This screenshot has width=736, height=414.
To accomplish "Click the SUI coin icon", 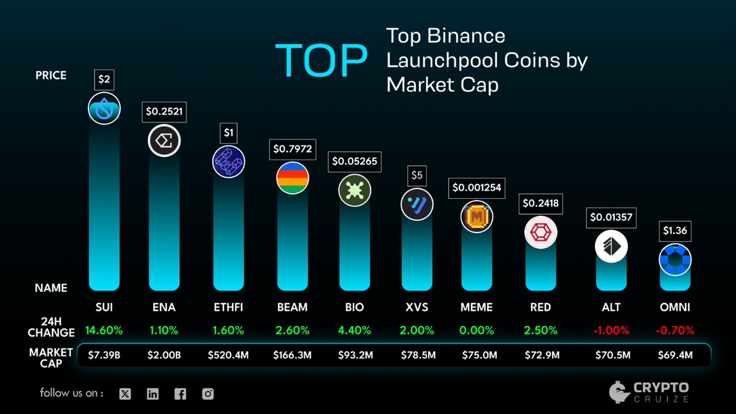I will pyautogui.click(x=104, y=109).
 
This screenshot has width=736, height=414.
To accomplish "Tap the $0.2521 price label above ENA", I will pyautogui.click(x=164, y=112).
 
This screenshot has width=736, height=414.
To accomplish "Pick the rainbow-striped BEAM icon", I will pyautogui.click(x=293, y=178).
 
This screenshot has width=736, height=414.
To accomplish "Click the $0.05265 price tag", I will pyautogui.click(x=355, y=162).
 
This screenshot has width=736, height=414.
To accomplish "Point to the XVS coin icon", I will pyautogui.click(x=417, y=205).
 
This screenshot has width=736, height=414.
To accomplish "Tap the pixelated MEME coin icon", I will pyautogui.click(x=477, y=217).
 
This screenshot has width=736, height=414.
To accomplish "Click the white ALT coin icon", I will pyautogui.click(x=611, y=247).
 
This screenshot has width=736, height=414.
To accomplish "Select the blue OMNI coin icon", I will pyautogui.click(x=675, y=260).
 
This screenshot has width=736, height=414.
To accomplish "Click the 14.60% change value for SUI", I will pyautogui.click(x=104, y=330).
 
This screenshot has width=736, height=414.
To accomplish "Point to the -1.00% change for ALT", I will pyautogui.click(x=611, y=330).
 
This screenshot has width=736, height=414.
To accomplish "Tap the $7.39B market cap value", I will pyautogui.click(x=104, y=355).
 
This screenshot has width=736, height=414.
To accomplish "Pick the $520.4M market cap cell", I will pyautogui.click(x=229, y=355).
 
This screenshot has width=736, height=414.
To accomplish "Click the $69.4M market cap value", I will pyautogui.click(x=675, y=355).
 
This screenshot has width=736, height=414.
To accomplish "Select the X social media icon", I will pyautogui.click(x=125, y=394).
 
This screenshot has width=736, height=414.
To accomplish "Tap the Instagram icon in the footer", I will pyautogui.click(x=208, y=394).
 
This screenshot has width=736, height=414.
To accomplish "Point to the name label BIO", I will pyautogui.click(x=355, y=307).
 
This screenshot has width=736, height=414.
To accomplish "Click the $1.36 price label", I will pyautogui.click(x=675, y=232).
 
